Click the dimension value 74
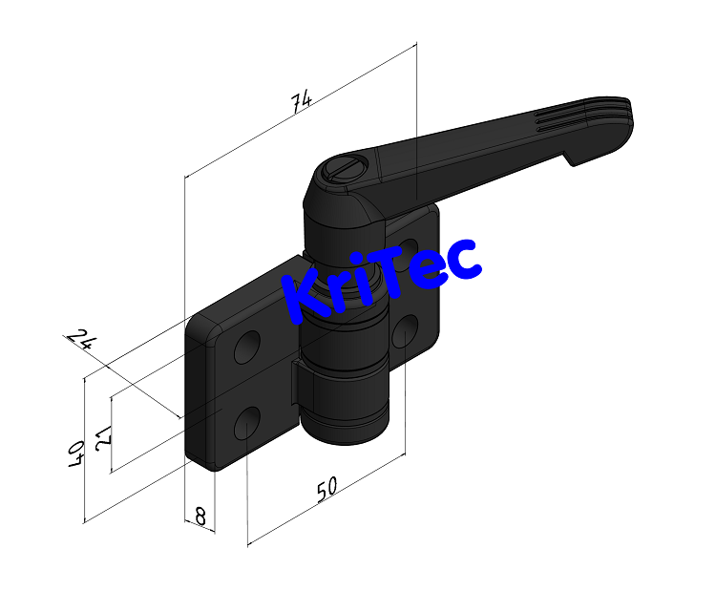[303, 102]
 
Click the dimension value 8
[200, 517]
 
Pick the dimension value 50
[326, 489]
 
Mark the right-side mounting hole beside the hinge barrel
[405, 330]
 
